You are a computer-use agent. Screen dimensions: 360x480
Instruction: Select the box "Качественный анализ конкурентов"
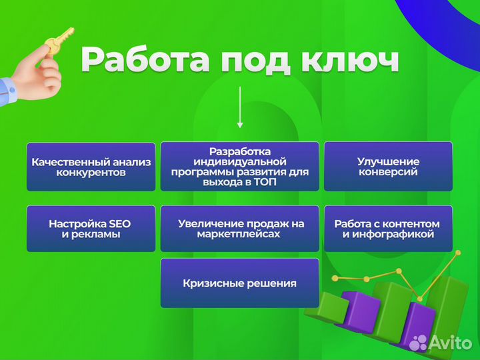[91, 167]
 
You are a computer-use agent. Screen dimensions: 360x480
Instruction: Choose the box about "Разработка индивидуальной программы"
[239, 167]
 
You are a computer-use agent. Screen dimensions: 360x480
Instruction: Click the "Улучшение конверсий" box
[388, 167]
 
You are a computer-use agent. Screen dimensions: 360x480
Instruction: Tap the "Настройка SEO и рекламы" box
[91, 229]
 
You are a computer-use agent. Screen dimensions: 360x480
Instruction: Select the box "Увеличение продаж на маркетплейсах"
[239, 229]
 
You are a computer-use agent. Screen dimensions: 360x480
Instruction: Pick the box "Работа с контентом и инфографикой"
[388, 229]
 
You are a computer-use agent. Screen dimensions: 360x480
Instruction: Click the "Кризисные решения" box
[239, 283]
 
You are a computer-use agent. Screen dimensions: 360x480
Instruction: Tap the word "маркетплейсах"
[239, 235]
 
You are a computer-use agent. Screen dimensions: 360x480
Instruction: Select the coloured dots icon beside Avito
[419, 343]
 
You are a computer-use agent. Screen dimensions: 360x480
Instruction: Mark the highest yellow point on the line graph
[458, 253]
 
